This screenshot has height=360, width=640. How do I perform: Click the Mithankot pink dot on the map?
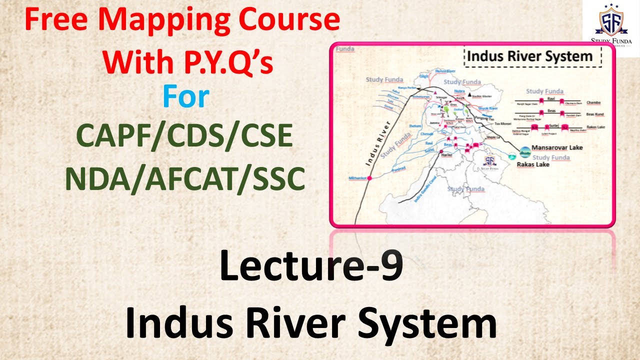pyautogui.click(x=370, y=178)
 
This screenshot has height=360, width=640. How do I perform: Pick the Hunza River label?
pyautogui.click(x=444, y=72)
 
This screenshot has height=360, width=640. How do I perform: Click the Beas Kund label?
pyautogui.click(x=595, y=114)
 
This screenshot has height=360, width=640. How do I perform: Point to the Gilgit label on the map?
pyautogui.click(x=424, y=76)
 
